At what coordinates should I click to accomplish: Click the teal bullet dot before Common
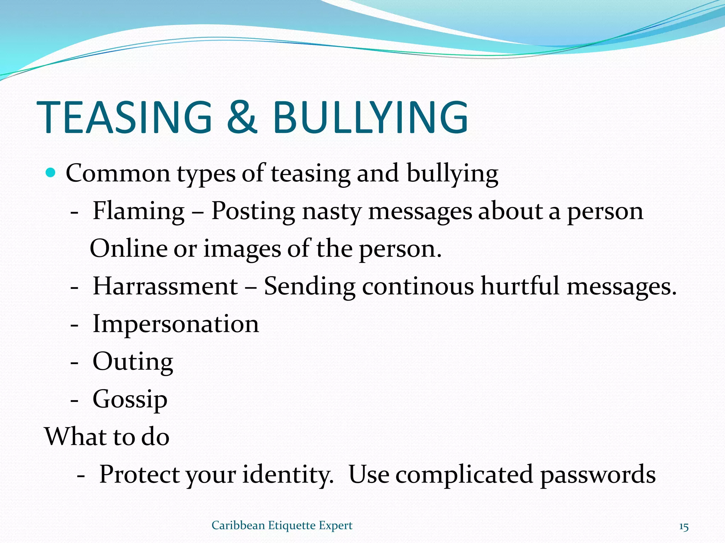(51, 173)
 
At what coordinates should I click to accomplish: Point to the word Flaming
(138, 211)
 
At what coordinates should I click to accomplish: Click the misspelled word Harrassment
(165, 286)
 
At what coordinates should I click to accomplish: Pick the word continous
(418, 286)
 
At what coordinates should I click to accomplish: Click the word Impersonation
(176, 324)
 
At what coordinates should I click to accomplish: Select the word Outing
(133, 362)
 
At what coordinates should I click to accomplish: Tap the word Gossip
(130, 399)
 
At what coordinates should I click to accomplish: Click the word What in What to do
(76, 437)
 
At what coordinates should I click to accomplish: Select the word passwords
(598, 474)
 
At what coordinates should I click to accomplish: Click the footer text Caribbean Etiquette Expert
(282, 526)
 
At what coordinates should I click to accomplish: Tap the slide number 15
(684, 527)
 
